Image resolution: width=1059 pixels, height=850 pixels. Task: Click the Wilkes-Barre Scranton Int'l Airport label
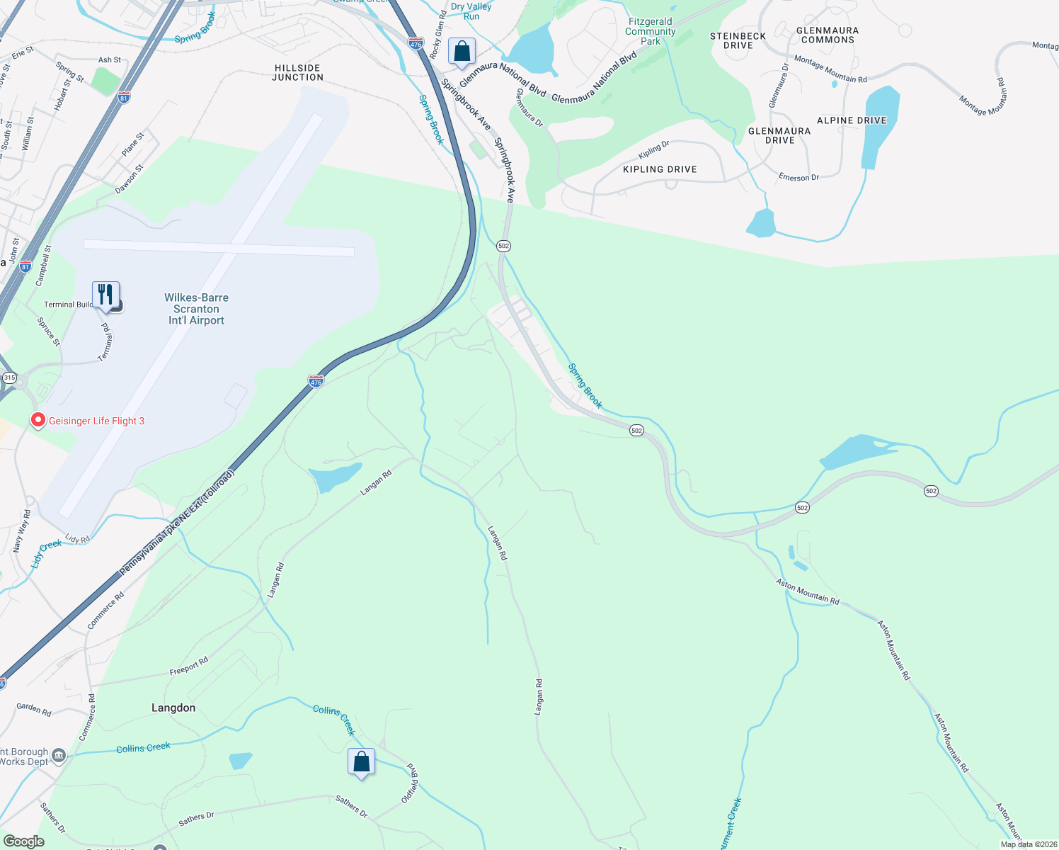click(196, 309)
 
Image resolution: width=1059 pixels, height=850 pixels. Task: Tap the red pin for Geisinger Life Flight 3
click(38, 420)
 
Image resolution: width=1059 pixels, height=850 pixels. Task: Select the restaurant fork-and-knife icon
click(105, 295)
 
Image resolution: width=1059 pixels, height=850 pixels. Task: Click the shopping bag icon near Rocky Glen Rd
click(462, 52)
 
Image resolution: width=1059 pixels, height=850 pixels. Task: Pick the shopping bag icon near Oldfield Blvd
click(361, 762)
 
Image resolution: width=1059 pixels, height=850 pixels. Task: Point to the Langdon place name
click(173, 708)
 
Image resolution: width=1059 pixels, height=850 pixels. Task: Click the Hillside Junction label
click(297, 72)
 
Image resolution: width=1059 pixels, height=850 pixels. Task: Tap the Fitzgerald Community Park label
click(651, 31)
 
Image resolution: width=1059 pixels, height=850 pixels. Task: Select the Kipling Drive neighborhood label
click(660, 169)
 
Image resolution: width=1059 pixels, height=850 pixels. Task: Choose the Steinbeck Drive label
click(738, 40)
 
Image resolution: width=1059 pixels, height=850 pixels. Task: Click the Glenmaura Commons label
click(828, 35)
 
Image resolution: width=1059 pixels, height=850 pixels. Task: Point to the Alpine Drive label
click(852, 120)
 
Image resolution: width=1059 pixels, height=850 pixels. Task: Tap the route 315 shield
click(9, 378)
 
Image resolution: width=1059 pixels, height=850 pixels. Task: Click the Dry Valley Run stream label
click(471, 11)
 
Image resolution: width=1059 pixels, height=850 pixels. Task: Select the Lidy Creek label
click(46, 553)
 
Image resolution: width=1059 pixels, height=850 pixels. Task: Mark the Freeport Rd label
click(189, 667)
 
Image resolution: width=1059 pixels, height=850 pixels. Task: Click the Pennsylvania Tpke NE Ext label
click(176, 523)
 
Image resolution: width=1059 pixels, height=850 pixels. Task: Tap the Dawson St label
click(129, 179)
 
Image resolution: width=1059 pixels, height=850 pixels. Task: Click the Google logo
click(23, 841)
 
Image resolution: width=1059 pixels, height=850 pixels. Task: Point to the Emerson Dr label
click(798, 177)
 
